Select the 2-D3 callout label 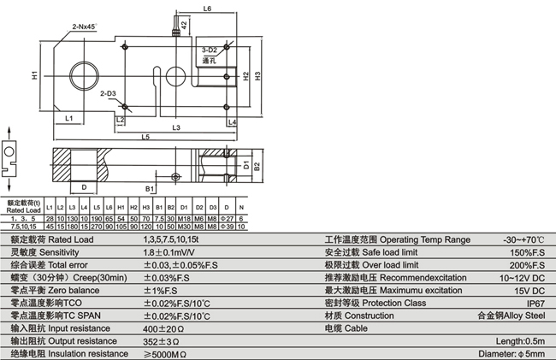(108, 91)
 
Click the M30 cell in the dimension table (185, 227)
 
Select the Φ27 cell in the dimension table (226, 219)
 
